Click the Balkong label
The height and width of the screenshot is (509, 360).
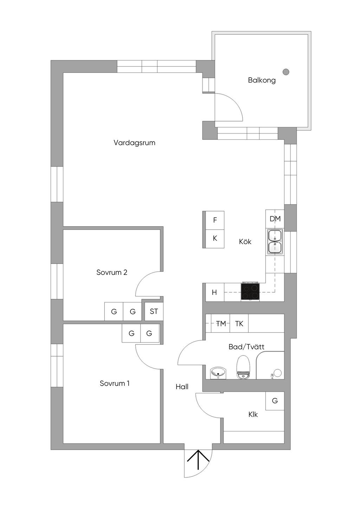(x=262, y=80)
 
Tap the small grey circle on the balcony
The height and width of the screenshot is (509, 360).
(x=286, y=72)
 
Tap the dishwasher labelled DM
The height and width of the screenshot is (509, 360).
(x=275, y=219)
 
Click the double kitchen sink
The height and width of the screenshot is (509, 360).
(x=275, y=241)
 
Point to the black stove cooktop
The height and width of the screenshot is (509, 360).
(x=250, y=292)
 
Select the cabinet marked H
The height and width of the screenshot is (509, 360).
(x=214, y=292)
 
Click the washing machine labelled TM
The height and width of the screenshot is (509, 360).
(x=220, y=324)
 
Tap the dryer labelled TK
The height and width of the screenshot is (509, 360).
(x=239, y=324)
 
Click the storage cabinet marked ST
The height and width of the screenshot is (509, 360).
(x=154, y=311)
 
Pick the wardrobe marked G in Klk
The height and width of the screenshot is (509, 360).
(x=275, y=400)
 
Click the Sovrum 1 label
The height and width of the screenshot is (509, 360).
(x=115, y=383)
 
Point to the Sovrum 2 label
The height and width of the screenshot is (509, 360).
(x=112, y=272)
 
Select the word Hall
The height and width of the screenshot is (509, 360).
(x=182, y=387)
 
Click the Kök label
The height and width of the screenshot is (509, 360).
(x=245, y=242)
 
